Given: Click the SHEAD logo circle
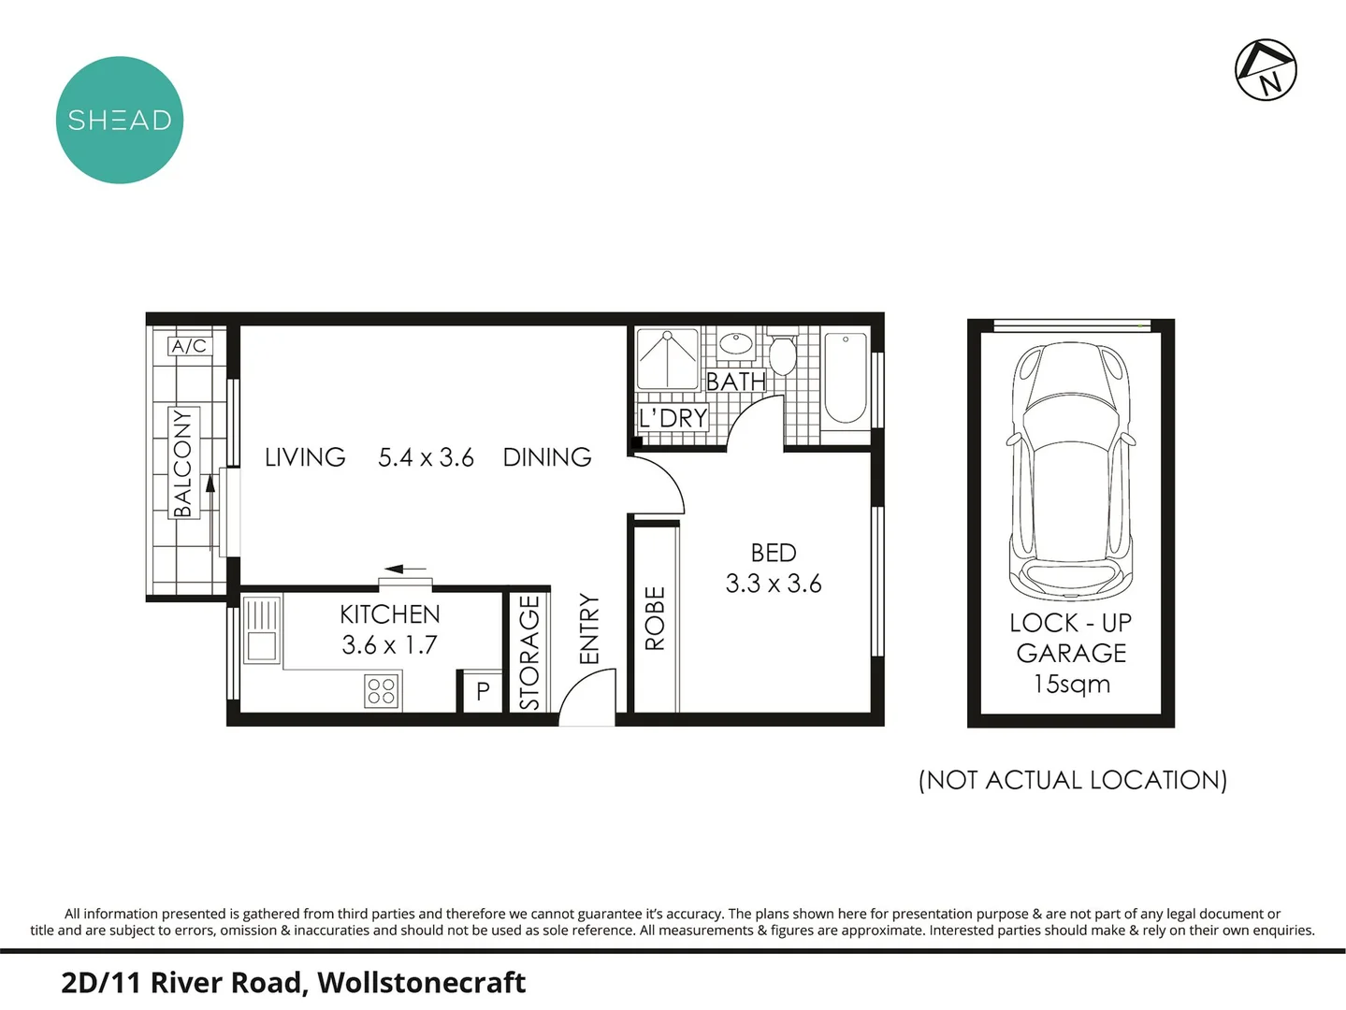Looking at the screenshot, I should [x=120, y=120].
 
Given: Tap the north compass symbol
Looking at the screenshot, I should [x=1266, y=69].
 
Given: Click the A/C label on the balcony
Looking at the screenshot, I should [x=188, y=346].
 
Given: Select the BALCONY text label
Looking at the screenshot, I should [x=182, y=462].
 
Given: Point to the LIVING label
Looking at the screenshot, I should [x=305, y=457].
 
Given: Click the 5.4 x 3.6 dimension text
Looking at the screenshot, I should [x=426, y=457].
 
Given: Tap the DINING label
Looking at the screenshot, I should [x=547, y=457].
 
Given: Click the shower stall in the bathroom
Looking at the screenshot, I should [x=667, y=358].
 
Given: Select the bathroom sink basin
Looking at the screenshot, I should [x=737, y=344].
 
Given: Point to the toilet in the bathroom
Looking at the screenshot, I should [x=782, y=353].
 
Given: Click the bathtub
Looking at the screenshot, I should [x=845, y=379].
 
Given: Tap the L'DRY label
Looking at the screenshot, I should [x=673, y=418].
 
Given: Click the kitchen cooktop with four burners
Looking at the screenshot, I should [x=382, y=691].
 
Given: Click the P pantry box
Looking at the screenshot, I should [x=483, y=692].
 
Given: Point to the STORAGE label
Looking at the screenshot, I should [x=529, y=653].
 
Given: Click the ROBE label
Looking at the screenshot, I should [x=655, y=618].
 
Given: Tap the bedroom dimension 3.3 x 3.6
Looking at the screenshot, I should [x=774, y=584].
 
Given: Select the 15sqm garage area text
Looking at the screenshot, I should [x=1071, y=684].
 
